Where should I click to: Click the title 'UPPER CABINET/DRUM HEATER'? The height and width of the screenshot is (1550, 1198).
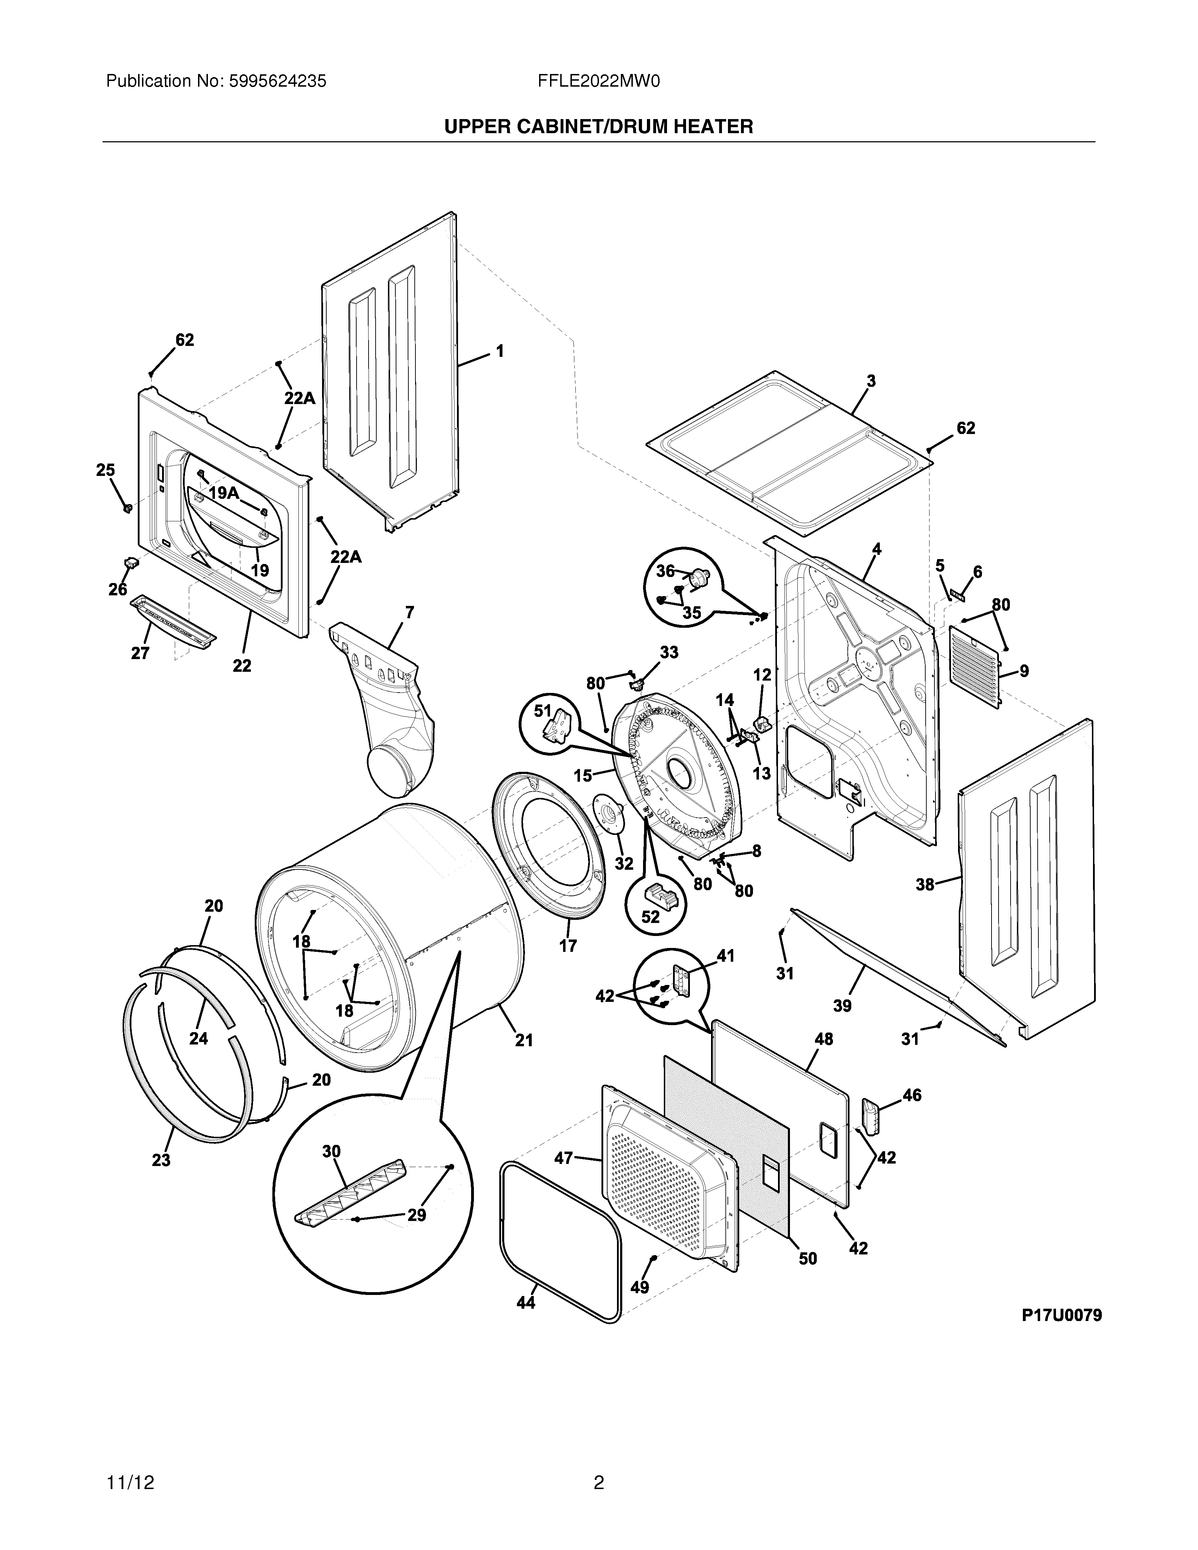(598, 127)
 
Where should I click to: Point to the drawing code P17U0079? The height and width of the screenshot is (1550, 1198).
(1061, 1315)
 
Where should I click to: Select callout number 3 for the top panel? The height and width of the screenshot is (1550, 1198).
(871, 381)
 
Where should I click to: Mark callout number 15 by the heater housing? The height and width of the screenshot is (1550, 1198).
(583, 776)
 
